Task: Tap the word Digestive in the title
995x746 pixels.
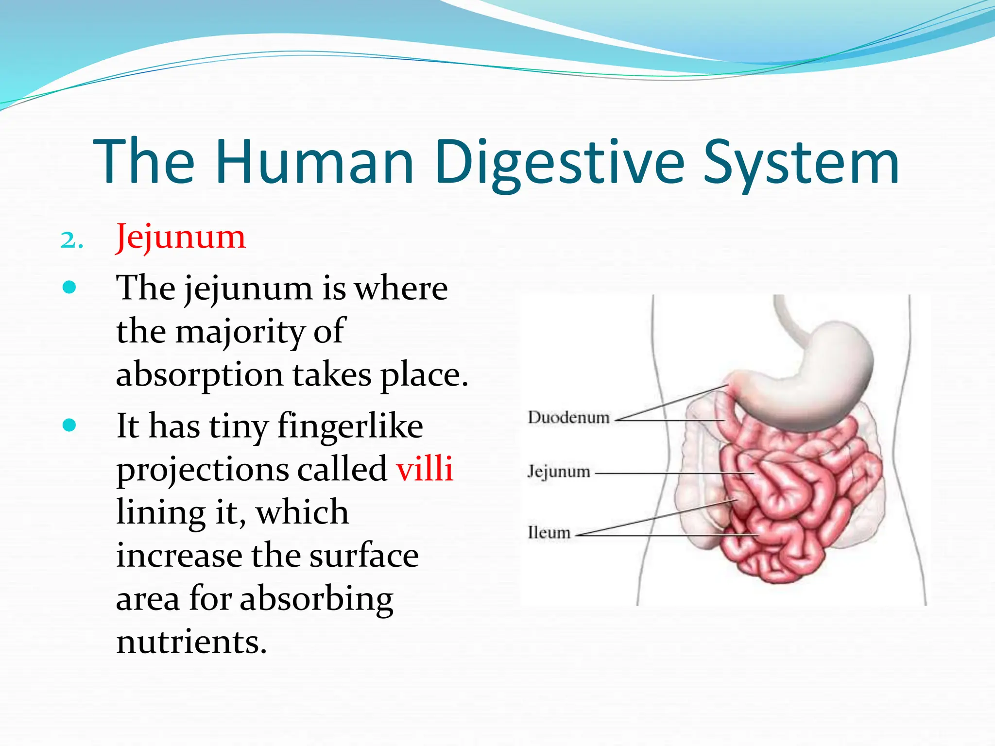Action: (x=559, y=163)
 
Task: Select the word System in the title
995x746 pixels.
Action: (x=801, y=163)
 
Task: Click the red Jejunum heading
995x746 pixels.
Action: (x=181, y=237)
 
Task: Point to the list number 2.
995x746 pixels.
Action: (x=71, y=240)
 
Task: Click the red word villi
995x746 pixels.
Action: (x=425, y=469)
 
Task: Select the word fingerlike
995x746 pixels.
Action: (x=350, y=425)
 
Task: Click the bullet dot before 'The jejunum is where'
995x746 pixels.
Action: (x=69, y=288)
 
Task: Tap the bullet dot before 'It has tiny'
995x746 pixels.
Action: (x=69, y=425)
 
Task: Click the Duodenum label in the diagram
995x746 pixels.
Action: (x=568, y=417)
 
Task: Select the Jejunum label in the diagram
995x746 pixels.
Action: (x=559, y=471)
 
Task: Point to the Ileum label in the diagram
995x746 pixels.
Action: (x=549, y=532)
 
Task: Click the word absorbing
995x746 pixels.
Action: (x=316, y=598)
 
